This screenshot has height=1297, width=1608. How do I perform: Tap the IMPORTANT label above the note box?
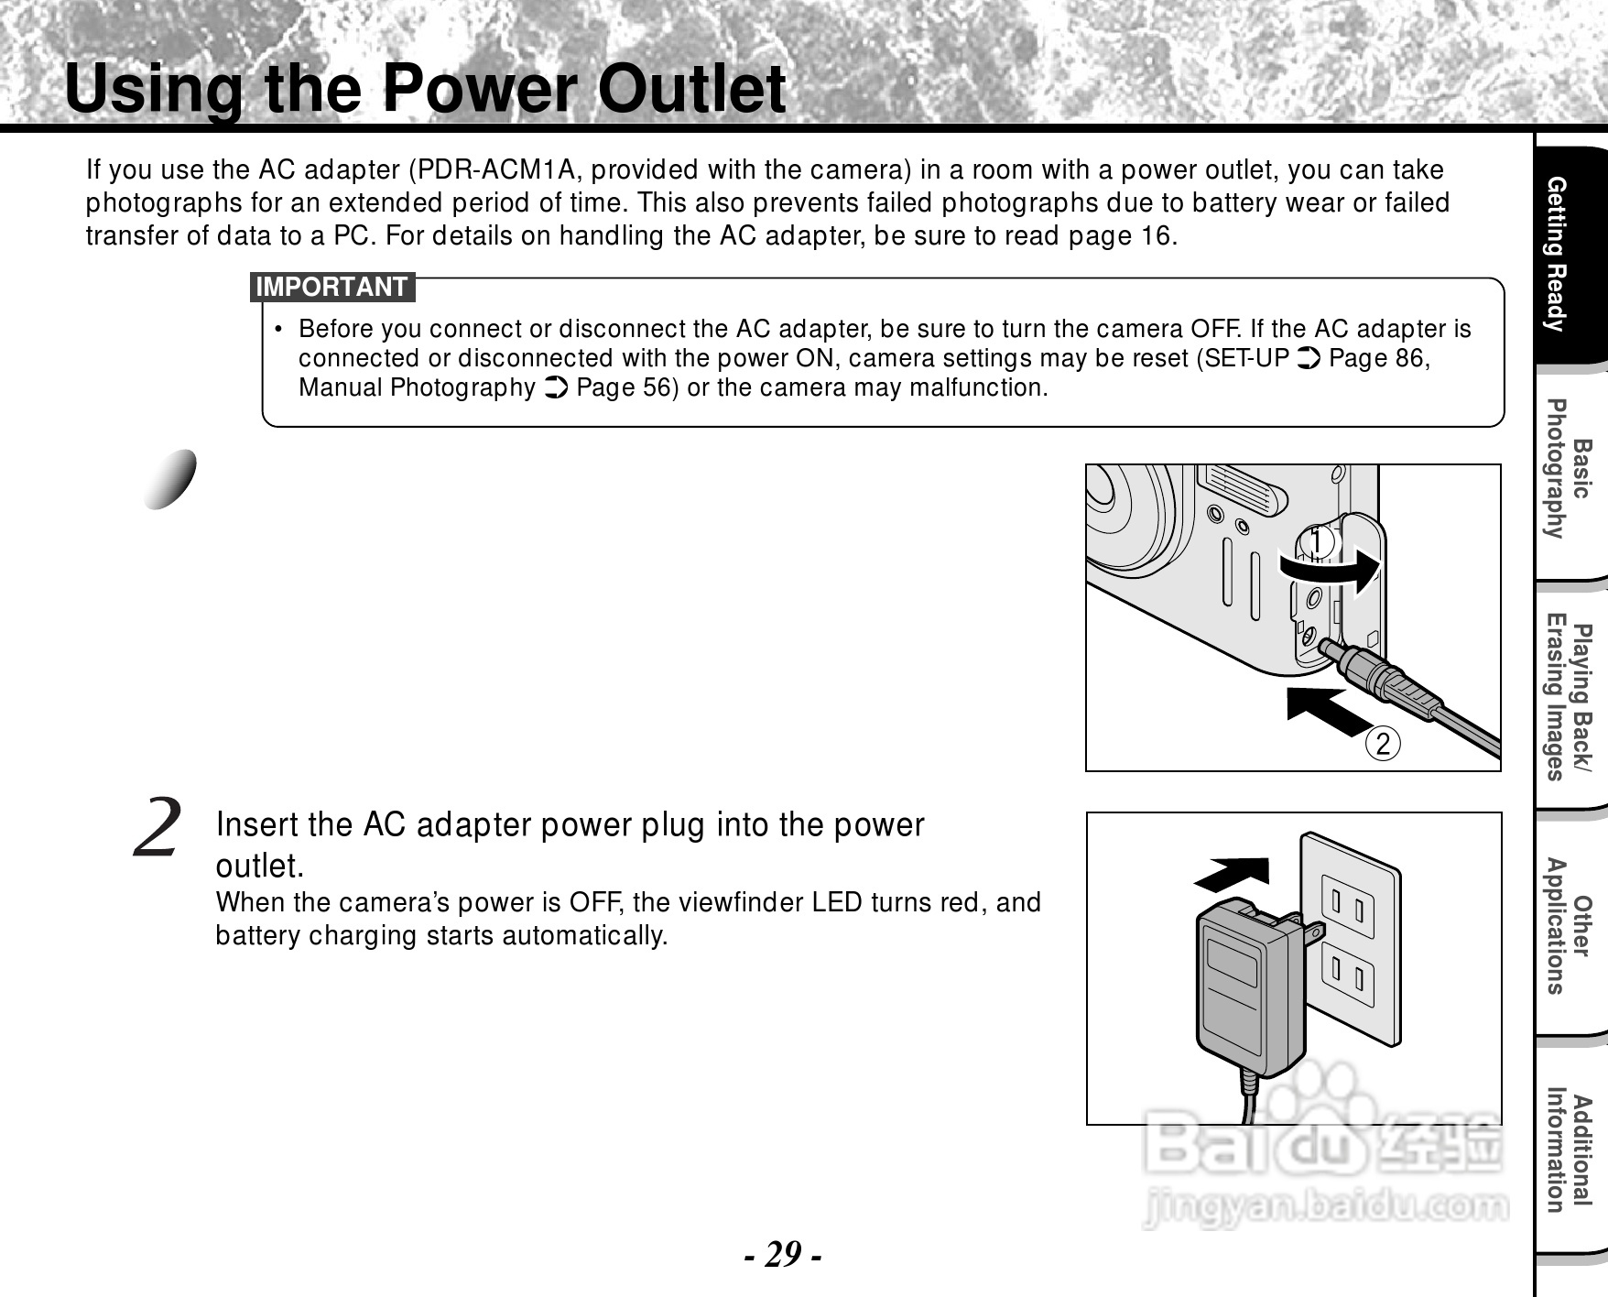pos(331,287)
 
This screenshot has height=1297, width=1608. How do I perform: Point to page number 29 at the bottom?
pos(781,1253)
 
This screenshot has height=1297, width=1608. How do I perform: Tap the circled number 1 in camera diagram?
pos(1318,542)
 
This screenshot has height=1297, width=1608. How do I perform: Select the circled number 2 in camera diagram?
pos(1383,743)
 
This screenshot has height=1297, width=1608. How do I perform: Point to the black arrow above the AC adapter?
pos(1233,874)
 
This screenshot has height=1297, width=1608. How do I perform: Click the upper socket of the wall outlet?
pos(1347,910)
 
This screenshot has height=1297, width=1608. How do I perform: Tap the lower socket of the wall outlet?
pos(1347,977)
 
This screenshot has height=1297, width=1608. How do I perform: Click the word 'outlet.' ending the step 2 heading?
pos(259,866)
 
